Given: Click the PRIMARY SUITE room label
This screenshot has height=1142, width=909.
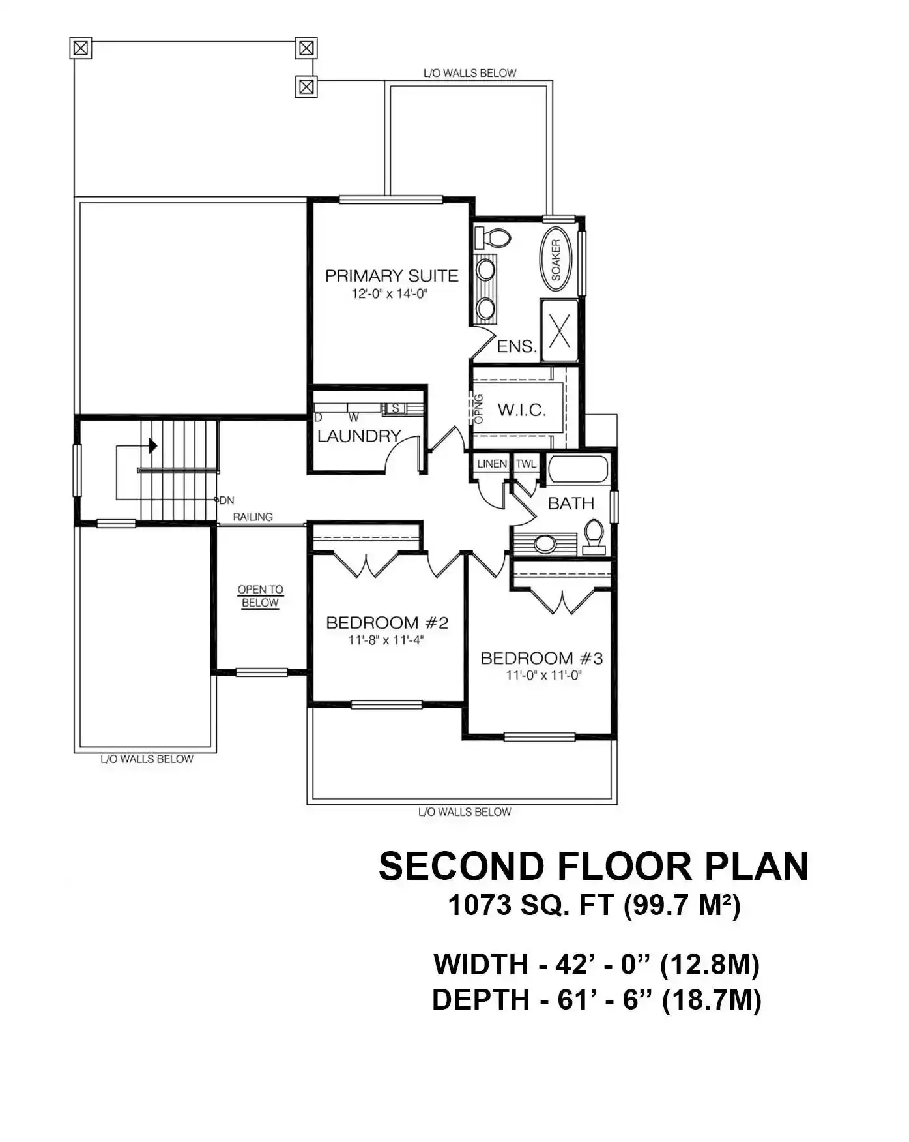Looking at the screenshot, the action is pyautogui.click(x=392, y=276).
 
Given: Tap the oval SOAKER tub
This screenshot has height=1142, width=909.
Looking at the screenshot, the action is pyautogui.click(x=556, y=259).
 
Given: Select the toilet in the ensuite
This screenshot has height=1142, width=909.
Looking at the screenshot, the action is pyautogui.click(x=492, y=237).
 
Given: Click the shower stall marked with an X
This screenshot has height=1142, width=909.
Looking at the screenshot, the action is pyautogui.click(x=560, y=330).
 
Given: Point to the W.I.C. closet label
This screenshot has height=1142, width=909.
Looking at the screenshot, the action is pyautogui.click(x=521, y=410).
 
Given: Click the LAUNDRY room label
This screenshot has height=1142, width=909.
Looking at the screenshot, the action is pyautogui.click(x=359, y=436).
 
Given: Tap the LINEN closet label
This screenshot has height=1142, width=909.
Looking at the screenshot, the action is pyautogui.click(x=492, y=464).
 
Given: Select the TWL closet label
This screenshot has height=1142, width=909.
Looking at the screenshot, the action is pyautogui.click(x=526, y=464).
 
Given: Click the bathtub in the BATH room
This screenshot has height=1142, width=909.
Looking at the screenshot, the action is pyautogui.click(x=578, y=469).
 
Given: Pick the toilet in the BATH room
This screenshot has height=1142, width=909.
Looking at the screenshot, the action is pyautogui.click(x=594, y=537).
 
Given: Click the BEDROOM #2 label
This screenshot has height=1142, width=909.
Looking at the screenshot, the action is pyautogui.click(x=387, y=623).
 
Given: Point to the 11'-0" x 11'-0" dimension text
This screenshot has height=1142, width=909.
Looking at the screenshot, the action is pyautogui.click(x=543, y=676).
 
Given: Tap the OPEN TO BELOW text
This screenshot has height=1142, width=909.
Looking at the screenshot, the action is pyautogui.click(x=260, y=596).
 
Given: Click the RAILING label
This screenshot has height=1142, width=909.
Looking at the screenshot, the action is pyautogui.click(x=253, y=517).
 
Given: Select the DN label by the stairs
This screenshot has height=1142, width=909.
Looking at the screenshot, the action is pyautogui.click(x=226, y=501).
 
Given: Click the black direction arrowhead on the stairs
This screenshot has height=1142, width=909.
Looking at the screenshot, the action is pyautogui.click(x=153, y=446).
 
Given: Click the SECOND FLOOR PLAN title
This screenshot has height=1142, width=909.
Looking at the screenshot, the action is pyautogui.click(x=594, y=866).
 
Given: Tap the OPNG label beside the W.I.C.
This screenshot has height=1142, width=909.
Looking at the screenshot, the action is pyautogui.click(x=479, y=409).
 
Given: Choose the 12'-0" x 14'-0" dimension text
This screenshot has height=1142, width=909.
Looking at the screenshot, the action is pyautogui.click(x=390, y=294).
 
